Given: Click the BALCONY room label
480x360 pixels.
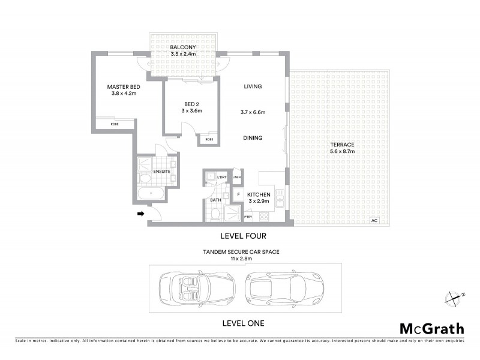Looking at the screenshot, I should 180,47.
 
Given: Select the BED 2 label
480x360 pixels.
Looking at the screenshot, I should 192,103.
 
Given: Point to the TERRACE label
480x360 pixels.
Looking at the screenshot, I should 342,145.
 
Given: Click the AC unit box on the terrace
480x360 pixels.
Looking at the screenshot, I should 374,221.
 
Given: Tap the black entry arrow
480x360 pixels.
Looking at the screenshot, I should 141,213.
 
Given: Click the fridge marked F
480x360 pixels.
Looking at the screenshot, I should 238,194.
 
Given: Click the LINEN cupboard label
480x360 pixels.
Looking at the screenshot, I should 237,178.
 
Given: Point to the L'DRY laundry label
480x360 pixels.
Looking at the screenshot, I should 221,178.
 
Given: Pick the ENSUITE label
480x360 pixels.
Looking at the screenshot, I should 162,172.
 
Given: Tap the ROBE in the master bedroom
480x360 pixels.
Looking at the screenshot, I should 115,125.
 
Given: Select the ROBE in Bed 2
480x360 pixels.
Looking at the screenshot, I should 209,139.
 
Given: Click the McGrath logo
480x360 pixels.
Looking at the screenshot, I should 432,328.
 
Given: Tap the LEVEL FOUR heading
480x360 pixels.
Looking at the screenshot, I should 243,236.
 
